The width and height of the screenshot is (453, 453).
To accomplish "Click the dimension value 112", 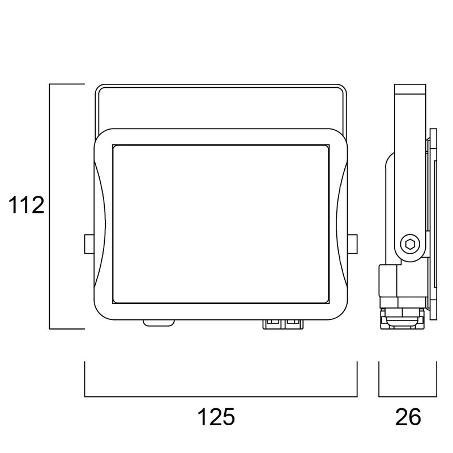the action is click(x=26, y=205).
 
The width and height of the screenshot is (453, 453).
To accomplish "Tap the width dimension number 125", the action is click(x=216, y=417).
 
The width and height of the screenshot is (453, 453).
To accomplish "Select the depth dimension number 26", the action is click(x=408, y=417).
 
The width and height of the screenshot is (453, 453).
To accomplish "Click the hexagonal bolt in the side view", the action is click(x=410, y=244).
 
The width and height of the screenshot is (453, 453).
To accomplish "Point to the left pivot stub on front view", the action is click(x=89, y=244).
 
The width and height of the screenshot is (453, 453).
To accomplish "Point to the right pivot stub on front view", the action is click(x=352, y=244).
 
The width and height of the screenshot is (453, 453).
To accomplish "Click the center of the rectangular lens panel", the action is click(x=221, y=224).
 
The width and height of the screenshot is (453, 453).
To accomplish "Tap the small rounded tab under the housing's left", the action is click(x=159, y=323).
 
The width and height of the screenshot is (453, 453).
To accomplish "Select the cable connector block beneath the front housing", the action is click(x=283, y=324).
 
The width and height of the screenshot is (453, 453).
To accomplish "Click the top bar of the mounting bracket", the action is click(x=221, y=87).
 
